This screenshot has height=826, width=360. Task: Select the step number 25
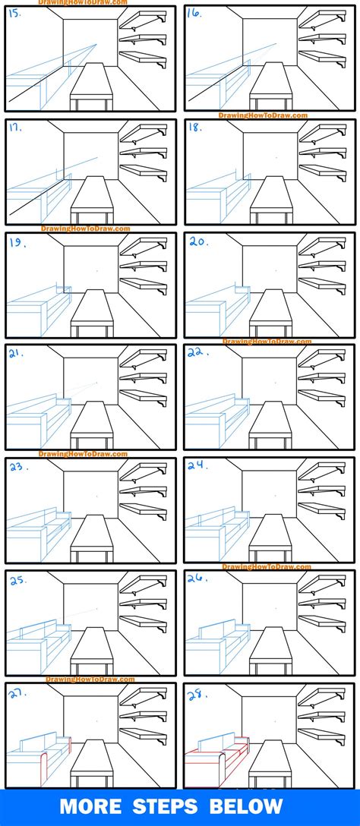pyautogui.click(x=17, y=581)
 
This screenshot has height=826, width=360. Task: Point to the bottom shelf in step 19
pyautogui.click(x=143, y=285)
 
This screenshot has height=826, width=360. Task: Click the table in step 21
pyautogui.click(x=91, y=424)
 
